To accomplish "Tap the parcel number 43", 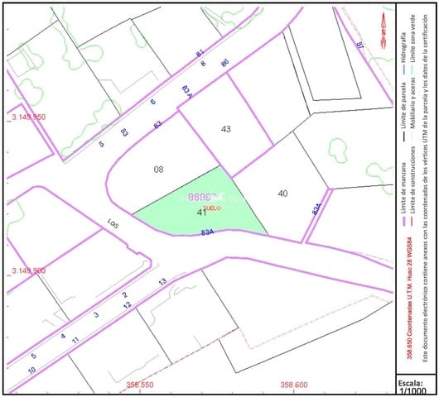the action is point(226,129).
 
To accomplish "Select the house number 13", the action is point(162,282).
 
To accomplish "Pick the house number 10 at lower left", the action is point(31,370).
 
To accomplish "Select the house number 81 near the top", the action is point(200,53).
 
